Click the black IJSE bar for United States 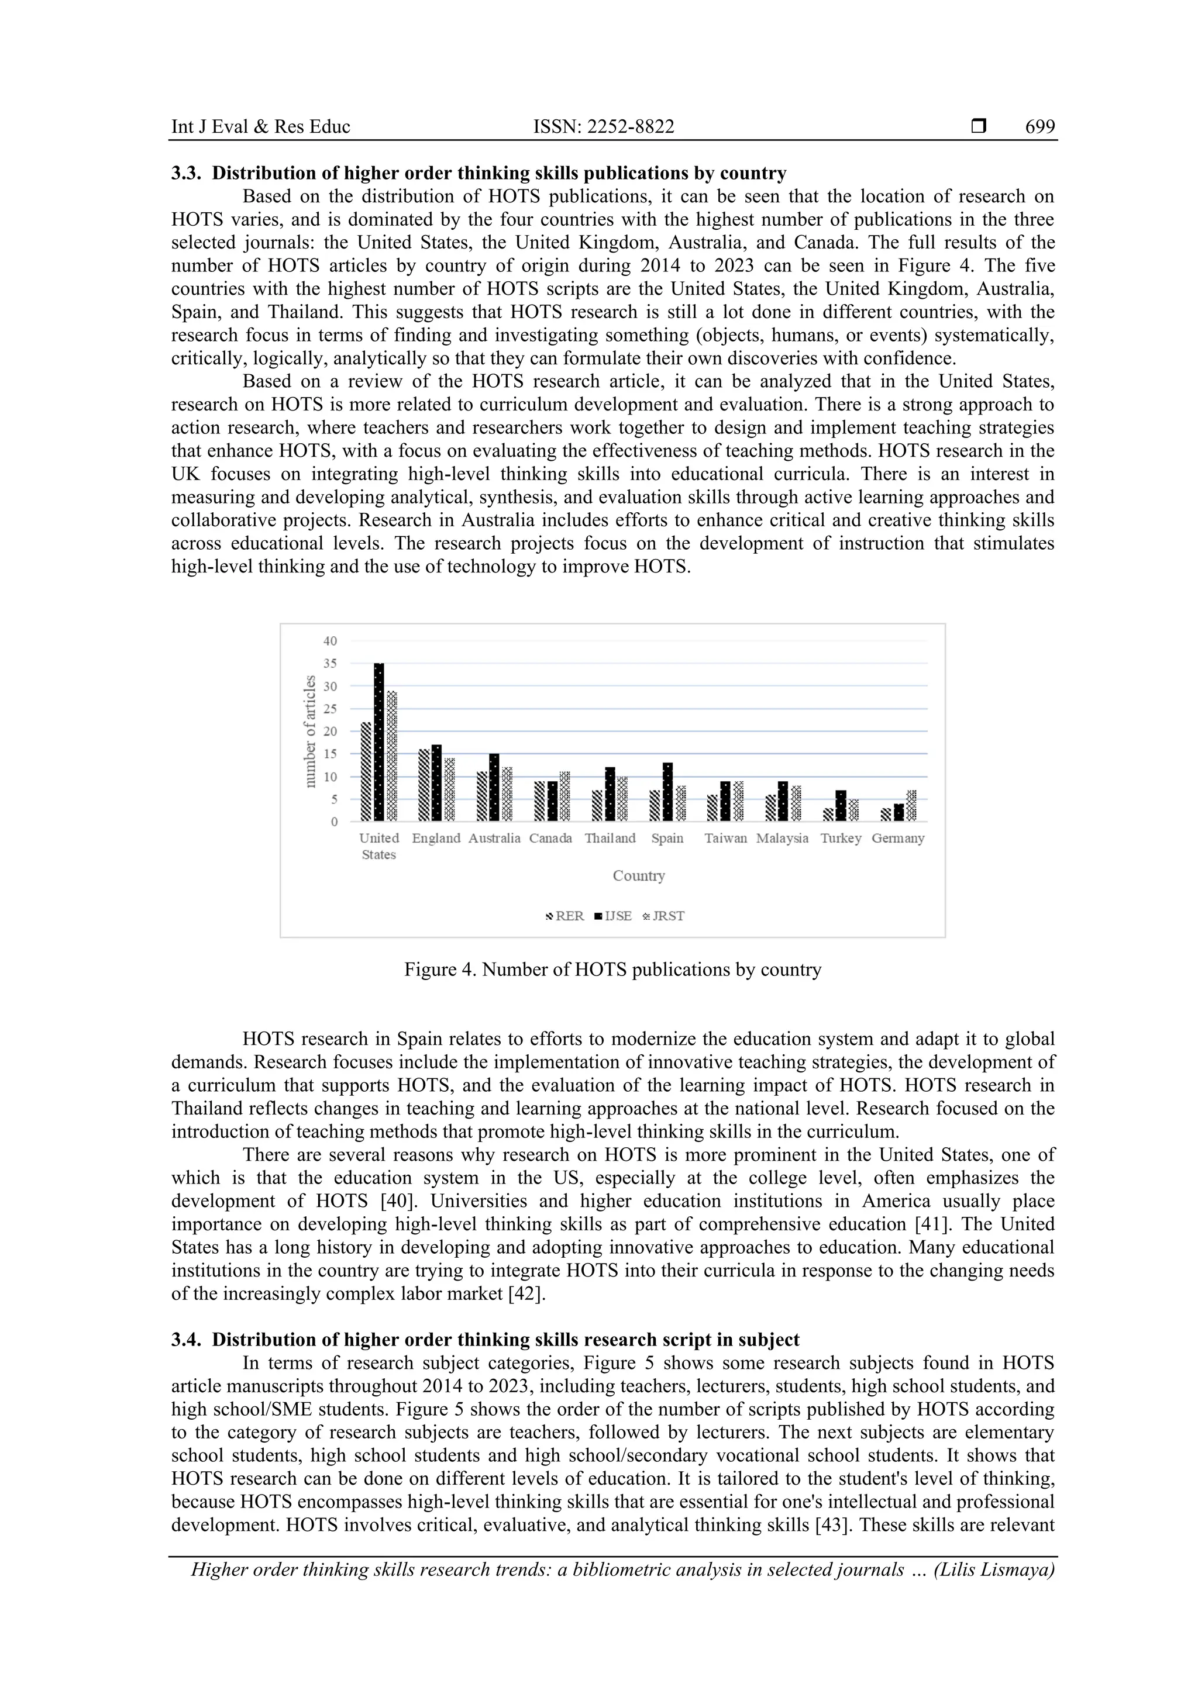[x=378, y=741]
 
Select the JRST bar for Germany [x=911, y=806]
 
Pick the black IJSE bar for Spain [x=667, y=792]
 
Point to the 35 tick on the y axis [x=330, y=663]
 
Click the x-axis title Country [x=639, y=876]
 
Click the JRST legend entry [x=665, y=916]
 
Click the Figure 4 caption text [x=612, y=970]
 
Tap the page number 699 [x=1039, y=127]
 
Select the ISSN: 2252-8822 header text [x=604, y=127]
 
